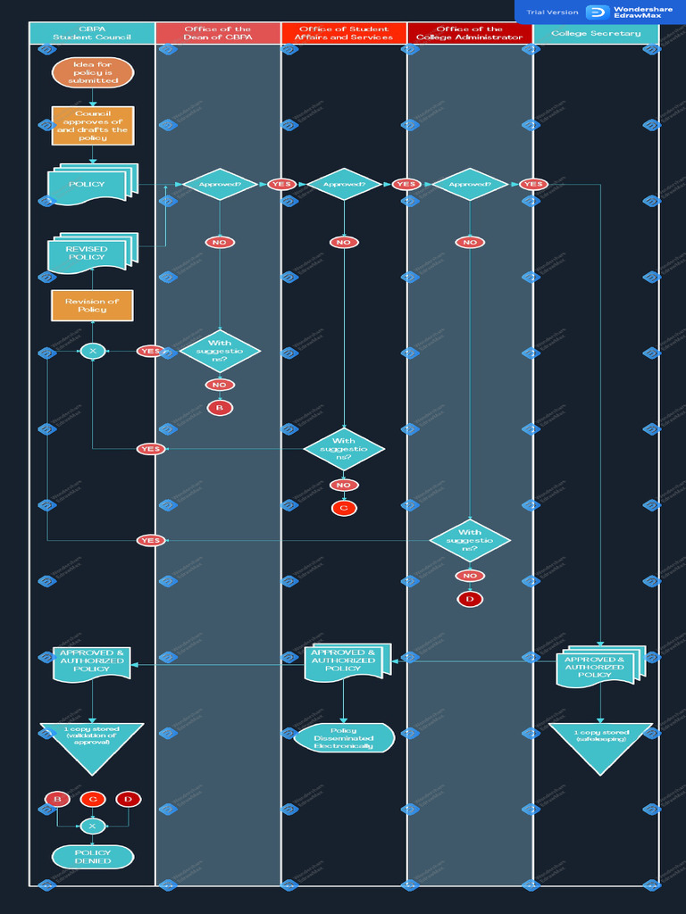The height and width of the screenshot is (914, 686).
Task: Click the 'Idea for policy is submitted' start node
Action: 93,73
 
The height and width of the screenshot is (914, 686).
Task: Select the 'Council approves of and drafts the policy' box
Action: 93,126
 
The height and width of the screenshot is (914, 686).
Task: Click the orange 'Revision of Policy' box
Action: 92,305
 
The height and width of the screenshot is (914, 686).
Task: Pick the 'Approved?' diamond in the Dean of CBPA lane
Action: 220,185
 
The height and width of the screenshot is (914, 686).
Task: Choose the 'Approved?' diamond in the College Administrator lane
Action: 470,185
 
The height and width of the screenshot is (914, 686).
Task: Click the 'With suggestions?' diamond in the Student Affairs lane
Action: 344,449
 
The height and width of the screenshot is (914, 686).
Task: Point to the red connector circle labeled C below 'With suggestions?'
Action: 344,509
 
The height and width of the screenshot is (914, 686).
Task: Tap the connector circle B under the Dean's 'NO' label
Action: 220,408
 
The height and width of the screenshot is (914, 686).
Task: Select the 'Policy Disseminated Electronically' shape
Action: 344,738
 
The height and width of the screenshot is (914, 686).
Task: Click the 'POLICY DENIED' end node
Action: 93,857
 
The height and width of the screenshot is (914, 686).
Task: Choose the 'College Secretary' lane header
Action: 596,34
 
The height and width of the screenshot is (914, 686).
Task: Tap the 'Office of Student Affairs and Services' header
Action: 344,34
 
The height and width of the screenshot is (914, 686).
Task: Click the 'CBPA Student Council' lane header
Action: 92,34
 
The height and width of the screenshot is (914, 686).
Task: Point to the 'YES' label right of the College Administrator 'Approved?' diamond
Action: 533,185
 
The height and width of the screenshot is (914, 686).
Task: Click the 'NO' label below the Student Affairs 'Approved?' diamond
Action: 344,242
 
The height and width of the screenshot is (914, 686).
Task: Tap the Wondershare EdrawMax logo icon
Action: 597,12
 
